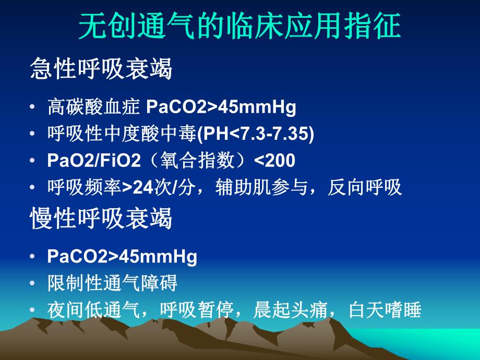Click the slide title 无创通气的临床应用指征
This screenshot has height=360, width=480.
pyautogui.click(x=239, y=28)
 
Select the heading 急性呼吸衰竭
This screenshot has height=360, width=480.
pyautogui.click(x=101, y=69)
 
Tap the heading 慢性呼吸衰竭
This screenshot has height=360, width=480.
pyautogui.click(x=101, y=220)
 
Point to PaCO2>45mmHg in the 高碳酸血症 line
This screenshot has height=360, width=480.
pyautogui.click(x=221, y=107)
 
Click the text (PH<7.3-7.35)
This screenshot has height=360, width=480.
pyautogui.click(x=256, y=134)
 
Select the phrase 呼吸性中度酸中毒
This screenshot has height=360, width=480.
pyautogui.click(x=122, y=134)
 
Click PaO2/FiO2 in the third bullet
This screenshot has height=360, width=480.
pyautogui.click(x=94, y=161)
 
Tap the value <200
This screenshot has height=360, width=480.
pyautogui.click(x=274, y=161)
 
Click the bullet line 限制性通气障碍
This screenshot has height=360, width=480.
pyautogui.click(x=112, y=284)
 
